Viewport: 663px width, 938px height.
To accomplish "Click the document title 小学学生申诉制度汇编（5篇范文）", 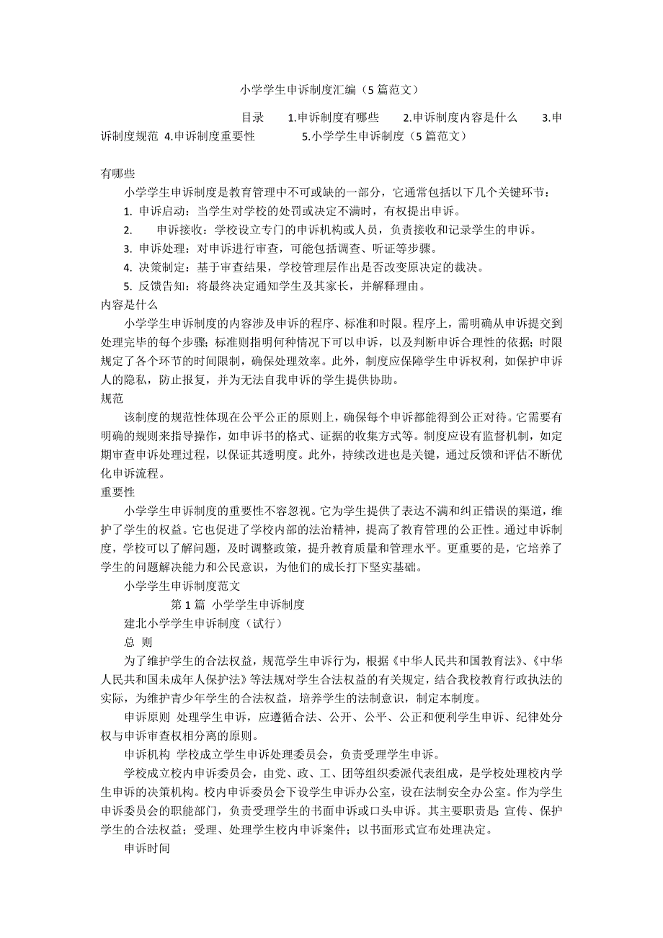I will (x=329, y=91).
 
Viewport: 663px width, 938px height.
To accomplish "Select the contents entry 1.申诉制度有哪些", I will (x=333, y=117).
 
